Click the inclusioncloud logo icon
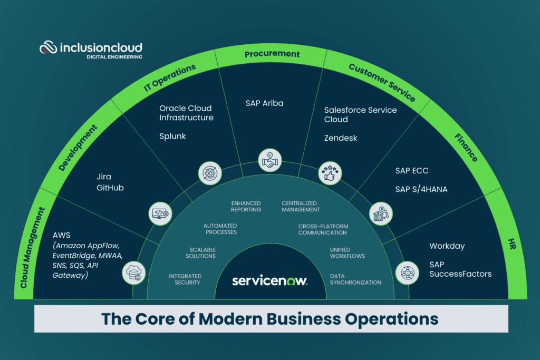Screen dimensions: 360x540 pos(49,48)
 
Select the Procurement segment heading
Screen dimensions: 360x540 pos(272,54)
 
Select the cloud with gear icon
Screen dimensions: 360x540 pos(133,273)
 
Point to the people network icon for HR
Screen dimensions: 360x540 pos(407,273)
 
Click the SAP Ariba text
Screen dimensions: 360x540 pos(264,103)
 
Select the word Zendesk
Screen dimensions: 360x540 pos(341,138)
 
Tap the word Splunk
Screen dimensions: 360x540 pos(172,136)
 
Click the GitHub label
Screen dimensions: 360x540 pos(110,188)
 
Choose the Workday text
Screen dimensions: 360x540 pos(447,246)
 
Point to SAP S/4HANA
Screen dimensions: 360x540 pos(421,189)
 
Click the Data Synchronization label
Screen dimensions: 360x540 pos(355,279)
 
